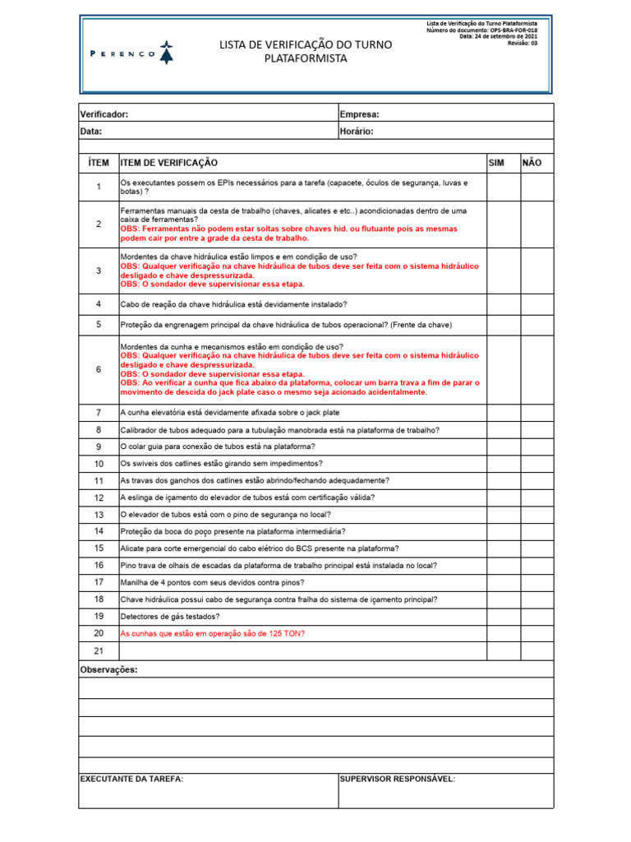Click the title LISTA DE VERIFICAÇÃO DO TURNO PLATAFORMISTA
coord(306,51)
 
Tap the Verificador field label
coord(104,114)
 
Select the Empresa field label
coord(359,114)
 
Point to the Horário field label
coord(356,131)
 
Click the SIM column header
coord(496,164)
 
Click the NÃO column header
coord(532,164)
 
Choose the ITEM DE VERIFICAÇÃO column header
coord(169,164)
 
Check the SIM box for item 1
coord(503,187)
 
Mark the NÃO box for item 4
coord(537,304)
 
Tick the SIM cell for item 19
coord(503,616)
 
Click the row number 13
coord(99,515)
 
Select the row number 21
coord(99,651)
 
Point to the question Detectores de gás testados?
coord(170,616)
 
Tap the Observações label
coord(108,669)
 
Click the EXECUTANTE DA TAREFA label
coord(131,779)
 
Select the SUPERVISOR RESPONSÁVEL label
coord(397,779)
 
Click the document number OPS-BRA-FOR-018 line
coord(482,30)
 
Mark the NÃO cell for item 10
coord(537,464)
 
